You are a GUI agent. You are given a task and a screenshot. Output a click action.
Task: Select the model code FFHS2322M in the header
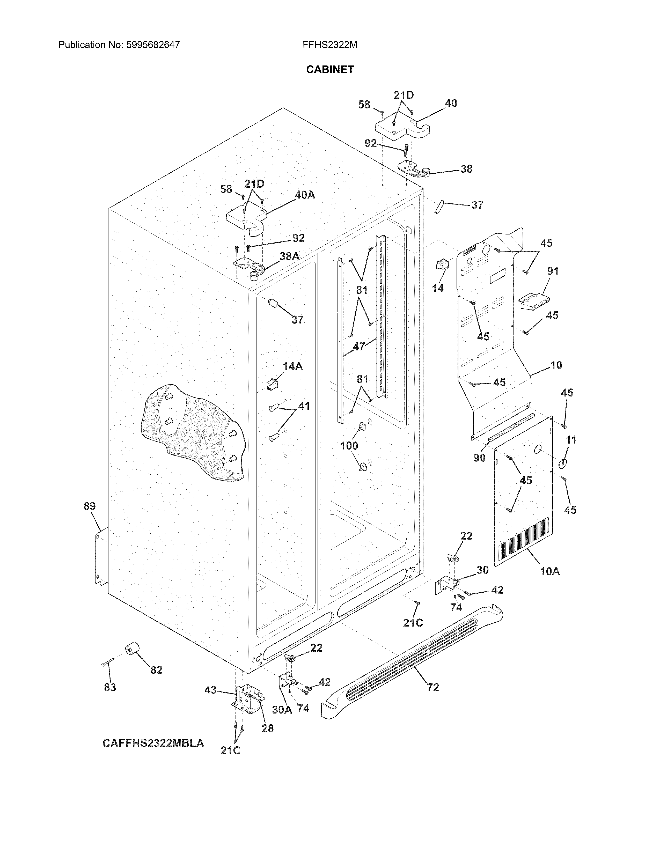[x=329, y=45]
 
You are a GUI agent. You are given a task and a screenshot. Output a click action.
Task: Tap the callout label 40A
[x=305, y=195]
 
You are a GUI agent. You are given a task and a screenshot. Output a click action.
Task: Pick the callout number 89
[x=90, y=506]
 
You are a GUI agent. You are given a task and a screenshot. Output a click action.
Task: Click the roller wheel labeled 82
[x=133, y=650]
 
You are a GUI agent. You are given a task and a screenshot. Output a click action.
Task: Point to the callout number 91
[x=553, y=271]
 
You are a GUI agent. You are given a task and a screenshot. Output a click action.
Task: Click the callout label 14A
[x=292, y=366]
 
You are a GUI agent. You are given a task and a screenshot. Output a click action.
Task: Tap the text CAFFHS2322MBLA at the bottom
[x=153, y=743]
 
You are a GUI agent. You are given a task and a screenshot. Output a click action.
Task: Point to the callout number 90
[x=479, y=458]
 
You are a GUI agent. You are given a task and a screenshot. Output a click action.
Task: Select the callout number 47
[x=359, y=346]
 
